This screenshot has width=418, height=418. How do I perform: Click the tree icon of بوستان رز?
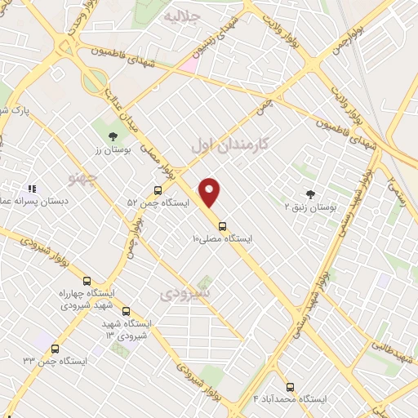pyautogui.click(x=113, y=136)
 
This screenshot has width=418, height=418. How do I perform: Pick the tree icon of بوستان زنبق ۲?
pyautogui.click(x=309, y=193)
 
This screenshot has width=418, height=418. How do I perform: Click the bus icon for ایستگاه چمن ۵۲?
pyautogui.click(x=158, y=189)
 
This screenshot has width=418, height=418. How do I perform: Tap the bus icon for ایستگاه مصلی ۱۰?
pyautogui.click(x=222, y=226)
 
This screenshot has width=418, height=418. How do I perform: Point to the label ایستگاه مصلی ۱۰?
pyautogui.click(x=222, y=239)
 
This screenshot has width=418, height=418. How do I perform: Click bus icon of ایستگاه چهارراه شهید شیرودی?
pyautogui.click(x=87, y=280)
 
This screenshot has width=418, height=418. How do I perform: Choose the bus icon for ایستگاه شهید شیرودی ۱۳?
pyautogui.click(x=126, y=311)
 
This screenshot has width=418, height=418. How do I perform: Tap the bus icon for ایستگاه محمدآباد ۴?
pyautogui.click(x=290, y=386)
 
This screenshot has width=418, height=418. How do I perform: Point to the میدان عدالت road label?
pyautogui.click(x=119, y=110)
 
